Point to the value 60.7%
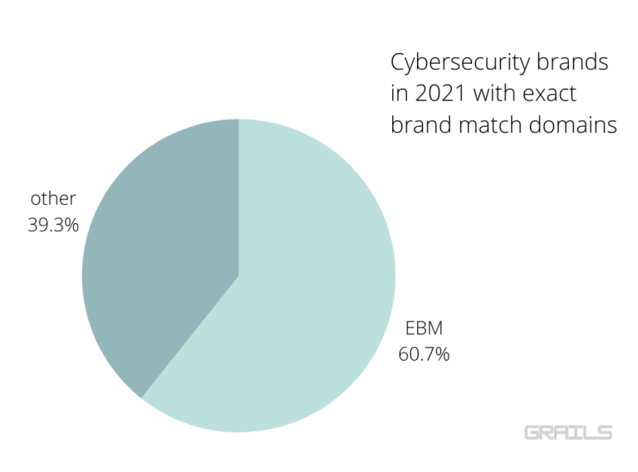pyautogui.click(x=422, y=354)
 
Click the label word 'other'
pyautogui.click(x=53, y=198)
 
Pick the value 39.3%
pyautogui.click(x=53, y=224)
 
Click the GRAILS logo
pyautogui.click(x=568, y=432)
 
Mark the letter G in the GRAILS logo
pyautogui.click(x=533, y=432)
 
